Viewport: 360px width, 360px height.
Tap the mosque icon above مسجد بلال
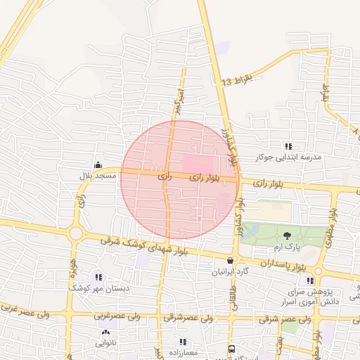97,165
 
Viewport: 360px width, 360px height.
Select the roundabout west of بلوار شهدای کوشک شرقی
76,233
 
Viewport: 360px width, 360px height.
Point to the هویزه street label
72,268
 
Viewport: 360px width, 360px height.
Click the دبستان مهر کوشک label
93,288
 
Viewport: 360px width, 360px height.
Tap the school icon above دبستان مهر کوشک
98,278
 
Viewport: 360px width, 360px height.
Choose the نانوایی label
106,343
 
